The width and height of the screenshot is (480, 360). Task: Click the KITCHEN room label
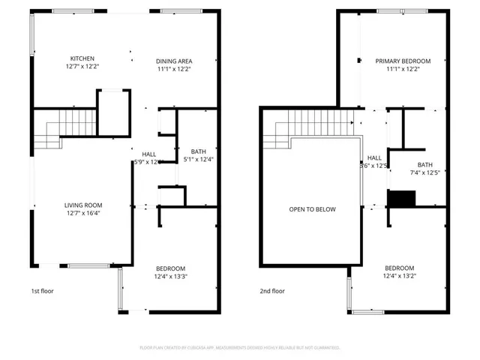pyautogui.click(x=82, y=59)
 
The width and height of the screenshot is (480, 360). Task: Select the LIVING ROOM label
pyautogui.click(x=82, y=205)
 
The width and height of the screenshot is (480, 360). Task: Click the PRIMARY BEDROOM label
pyautogui.click(x=403, y=61)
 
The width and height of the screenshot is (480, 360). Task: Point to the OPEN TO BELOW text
pyautogui.click(x=313, y=209)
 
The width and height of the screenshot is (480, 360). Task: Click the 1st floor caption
pyautogui.click(x=42, y=291)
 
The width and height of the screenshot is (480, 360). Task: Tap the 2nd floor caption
pyautogui.click(x=272, y=291)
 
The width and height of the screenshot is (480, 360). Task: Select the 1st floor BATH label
pyautogui.click(x=199, y=151)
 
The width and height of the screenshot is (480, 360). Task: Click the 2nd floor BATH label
pyautogui.click(x=425, y=165)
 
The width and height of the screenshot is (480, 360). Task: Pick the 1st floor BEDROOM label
pyautogui.click(x=170, y=268)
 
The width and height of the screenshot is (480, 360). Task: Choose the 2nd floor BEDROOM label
pyautogui.click(x=400, y=268)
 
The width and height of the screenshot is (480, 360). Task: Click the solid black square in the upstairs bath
pyautogui.click(x=401, y=199)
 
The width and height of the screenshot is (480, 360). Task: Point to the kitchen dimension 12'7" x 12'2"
pyautogui.click(x=82, y=67)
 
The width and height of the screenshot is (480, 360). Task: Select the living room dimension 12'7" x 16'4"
pyautogui.click(x=82, y=213)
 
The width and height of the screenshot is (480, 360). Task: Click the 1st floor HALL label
pyautogui.click(x=149, y=154)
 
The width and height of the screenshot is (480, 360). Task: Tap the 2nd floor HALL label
pyautogui.click(x=374, y=158)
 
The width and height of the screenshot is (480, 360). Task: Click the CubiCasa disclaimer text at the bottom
pyautogui.click(x=240, y=348)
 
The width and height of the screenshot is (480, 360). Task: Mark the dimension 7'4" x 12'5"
pyautogui.click(x=425, y=173)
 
